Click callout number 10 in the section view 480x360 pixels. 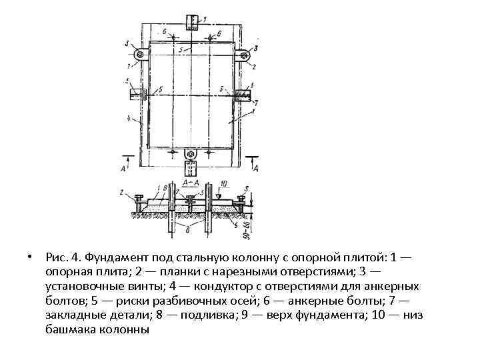click(x=224, y=183)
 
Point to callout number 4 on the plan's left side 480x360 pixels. click(x=127, y=121)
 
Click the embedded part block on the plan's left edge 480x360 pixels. click(x=138, y=93)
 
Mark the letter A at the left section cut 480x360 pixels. click(x=123, y=169)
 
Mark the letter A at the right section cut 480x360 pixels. click(x=256, y=169)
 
